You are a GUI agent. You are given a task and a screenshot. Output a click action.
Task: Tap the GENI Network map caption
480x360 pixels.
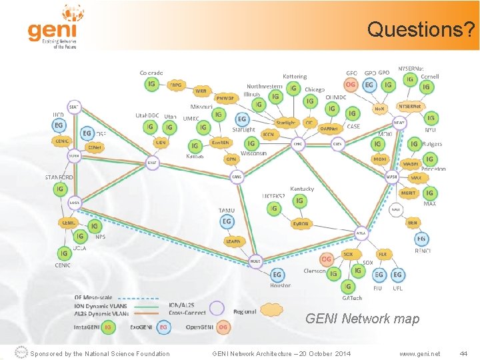tap(362, 319)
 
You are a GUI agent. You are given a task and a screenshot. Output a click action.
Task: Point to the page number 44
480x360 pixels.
tap(464, 353)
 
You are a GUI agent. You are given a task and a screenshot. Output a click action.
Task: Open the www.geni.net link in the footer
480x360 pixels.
tap(419, 353)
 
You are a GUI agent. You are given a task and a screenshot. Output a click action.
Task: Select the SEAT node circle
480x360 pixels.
tap(74, 107)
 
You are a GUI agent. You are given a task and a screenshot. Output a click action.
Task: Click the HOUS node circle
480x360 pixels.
tap(255, 261)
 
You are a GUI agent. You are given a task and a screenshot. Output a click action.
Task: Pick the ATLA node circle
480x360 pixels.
tap(361, 233)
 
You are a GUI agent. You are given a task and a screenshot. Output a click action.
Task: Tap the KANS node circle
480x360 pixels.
tap(237, 177)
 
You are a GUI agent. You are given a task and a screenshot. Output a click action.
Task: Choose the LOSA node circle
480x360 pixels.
tap(74, 202)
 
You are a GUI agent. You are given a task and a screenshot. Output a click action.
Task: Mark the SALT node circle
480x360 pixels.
tap(153, 162)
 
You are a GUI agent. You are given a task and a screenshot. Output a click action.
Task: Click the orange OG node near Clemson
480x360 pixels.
tap(327, 259)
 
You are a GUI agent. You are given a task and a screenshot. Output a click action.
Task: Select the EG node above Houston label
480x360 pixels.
tap(277, 274)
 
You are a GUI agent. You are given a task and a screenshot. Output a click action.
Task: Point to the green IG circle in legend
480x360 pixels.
tap(108, 327)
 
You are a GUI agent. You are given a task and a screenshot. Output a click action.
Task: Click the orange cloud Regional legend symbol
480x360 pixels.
tap(271, 310)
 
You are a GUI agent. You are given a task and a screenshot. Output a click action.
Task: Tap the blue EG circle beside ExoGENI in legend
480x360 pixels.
tap(163, 327)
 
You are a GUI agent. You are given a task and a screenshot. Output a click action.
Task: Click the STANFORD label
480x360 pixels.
tap(60, 177)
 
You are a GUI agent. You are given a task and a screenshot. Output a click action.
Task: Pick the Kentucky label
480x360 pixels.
tap(302, 189)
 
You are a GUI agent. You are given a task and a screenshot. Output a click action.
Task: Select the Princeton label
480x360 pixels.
tap(433, 169)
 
